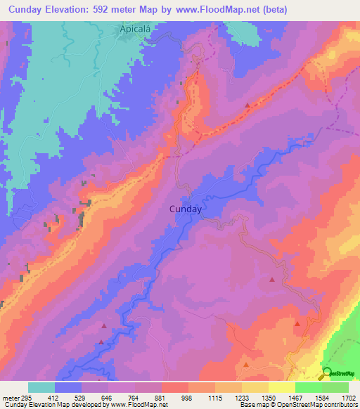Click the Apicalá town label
point(134,30)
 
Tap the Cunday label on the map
point(186,209)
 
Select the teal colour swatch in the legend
point(41,388)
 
